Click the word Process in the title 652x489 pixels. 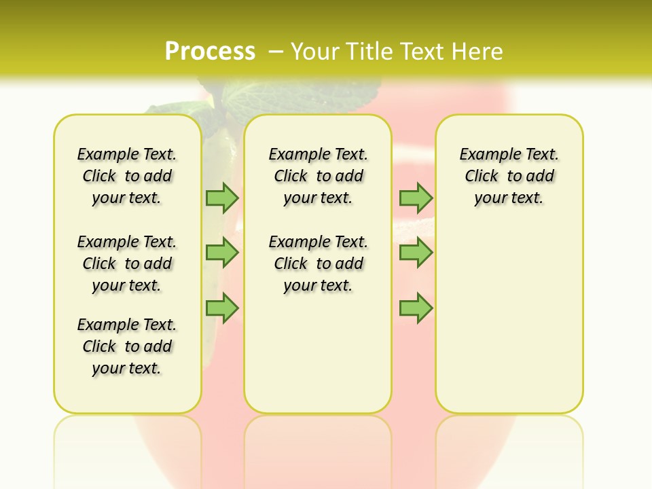point(210,51)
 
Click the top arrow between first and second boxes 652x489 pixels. point(222,198)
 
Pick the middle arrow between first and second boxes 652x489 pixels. point(222,253)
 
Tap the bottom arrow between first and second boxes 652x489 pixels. point(222,308)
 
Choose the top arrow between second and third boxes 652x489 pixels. point(416,198)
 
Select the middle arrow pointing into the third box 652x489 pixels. point(416,253)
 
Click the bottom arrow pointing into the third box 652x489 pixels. point(416,308)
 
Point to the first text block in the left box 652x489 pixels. point(127,176)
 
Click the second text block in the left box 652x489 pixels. point(127,264)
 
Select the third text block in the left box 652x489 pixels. point(127,346)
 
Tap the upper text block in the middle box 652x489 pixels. point(318,176)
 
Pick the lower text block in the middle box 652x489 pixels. point(318,264)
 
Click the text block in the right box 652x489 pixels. point(509,176)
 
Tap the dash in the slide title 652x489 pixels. point(276,51)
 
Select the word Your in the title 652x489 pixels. point(315,51)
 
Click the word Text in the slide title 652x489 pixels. point(420,51)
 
